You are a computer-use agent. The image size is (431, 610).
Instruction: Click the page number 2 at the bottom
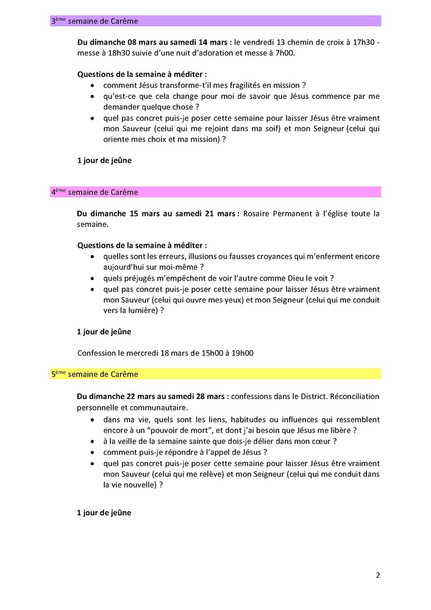pyautogui.click(x=378, y=575)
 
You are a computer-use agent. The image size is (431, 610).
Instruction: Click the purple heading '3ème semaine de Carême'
pyautogui.click(x=94, y=21)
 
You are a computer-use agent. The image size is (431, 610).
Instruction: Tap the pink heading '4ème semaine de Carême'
pyautogui.click(x=94, y=192)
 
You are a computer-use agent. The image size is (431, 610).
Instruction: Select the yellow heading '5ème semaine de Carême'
pyautogui.click(x=94, y=374)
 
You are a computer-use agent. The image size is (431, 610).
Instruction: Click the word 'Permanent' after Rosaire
pyautogui.click(x=293, y=213)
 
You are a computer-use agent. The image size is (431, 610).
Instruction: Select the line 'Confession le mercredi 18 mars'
pyautogui.click(x=165, y=353)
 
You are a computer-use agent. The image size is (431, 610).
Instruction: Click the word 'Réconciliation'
pyautogui.click(x=354, y=396)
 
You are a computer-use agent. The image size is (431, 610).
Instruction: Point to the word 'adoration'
pyautogui.click(x=205, y=54)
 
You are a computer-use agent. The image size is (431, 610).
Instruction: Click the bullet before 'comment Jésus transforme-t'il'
pyautogui.click(x=91, y=85)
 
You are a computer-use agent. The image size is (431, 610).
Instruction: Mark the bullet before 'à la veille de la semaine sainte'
pyautogui.click(x=91, y=441)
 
